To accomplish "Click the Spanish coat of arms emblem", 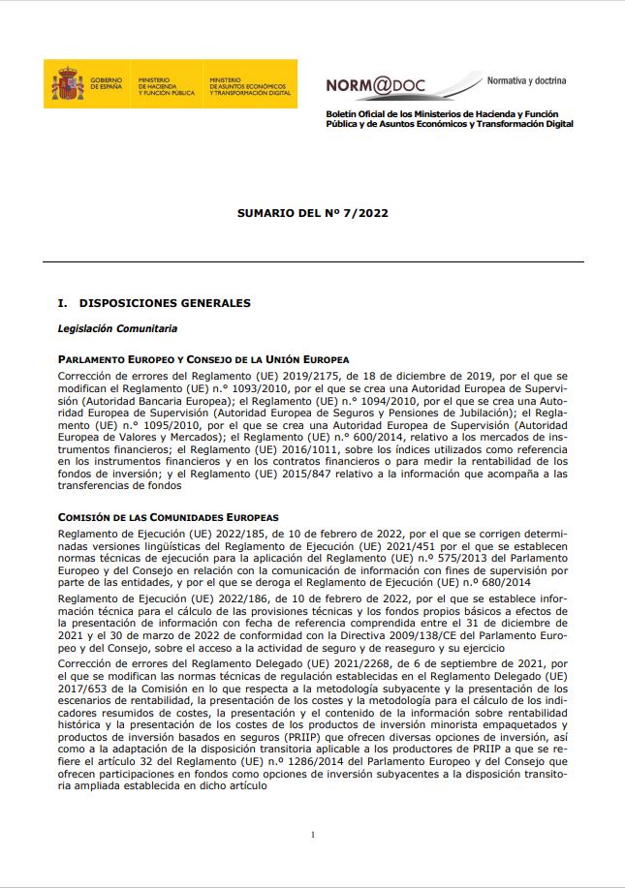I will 68,84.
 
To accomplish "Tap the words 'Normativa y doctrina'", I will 526,80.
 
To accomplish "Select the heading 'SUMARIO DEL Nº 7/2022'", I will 312,213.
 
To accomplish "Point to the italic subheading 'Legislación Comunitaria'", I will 117,328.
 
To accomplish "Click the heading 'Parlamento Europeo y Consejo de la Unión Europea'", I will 203,359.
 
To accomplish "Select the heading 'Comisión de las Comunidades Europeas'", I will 168,518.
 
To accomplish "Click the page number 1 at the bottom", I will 313,834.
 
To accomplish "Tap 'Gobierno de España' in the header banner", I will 107,84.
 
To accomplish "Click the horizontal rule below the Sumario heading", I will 312,262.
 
